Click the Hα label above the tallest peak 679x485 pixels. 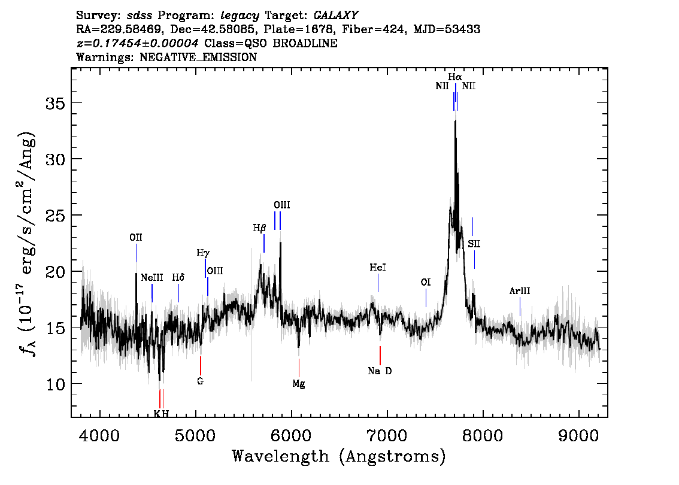pyautogui.click(x=455, y=77)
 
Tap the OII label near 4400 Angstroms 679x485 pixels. pyautogui.click(x=136, y=238)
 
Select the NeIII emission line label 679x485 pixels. pyautogui.click(x=151, y=278)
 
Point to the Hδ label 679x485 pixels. pyautogui.click(x=178, y=278)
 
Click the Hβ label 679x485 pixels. pyautogui.click(x=259, y=228)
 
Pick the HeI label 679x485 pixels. pyautogui.click(x=377, y=268)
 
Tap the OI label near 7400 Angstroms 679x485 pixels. pyautogui.click(x=426, y=282)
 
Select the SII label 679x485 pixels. pyautogui.click(x=474, y=244)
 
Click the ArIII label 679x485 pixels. pyautogui.click(x=520, y=292)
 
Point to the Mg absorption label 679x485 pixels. pyautogui.click(x=299, y=384)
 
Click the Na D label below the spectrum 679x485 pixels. pyautogui.click(x=380, y=371)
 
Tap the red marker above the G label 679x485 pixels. pyautogui.click(x=201, y=365)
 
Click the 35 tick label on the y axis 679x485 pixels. pyautogui.click(x=56, y=103)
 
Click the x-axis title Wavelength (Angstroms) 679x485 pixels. pyautogui.click(x=339, y=457)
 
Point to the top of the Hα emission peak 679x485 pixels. pyautogui.click(x=455, y=121)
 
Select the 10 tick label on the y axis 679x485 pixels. pyautogui.click(x=56, y=384)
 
